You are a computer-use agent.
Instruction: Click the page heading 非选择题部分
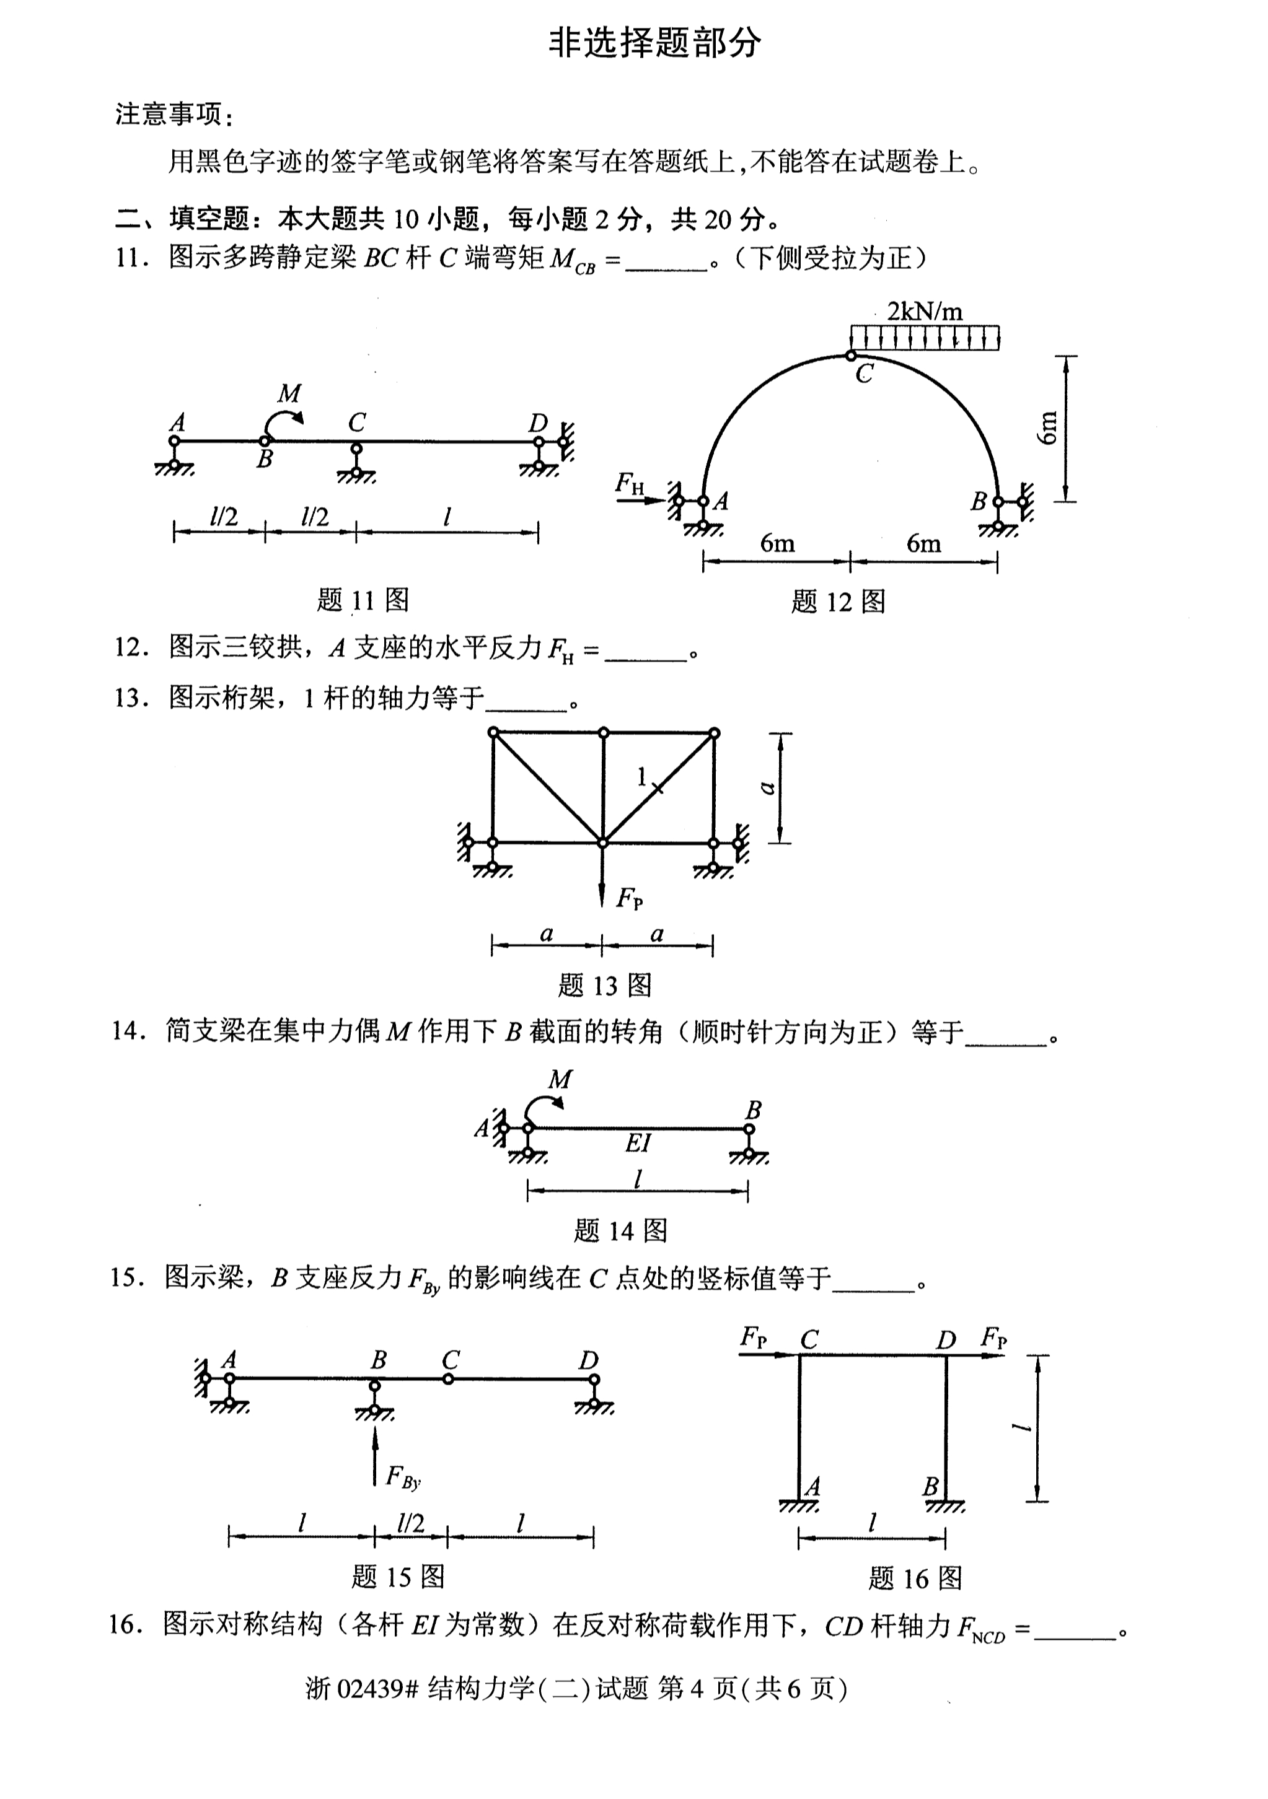click(654, 43)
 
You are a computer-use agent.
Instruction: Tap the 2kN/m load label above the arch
click(925, 311)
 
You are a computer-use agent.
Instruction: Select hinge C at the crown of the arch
click(850, 356)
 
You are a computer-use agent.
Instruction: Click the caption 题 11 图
click(363, 600)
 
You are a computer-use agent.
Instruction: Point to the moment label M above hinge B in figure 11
click(289, 393)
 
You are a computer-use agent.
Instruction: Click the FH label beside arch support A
click(629, 483)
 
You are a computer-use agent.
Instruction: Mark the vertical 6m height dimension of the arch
click(1048, 428)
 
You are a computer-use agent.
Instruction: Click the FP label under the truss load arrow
click(629, 898)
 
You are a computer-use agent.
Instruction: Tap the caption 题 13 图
click(605, 985)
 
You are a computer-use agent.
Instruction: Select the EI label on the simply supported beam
click(638, 1143)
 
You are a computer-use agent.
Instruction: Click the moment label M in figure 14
click(560, 1079)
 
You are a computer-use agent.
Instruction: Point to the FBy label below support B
click(403, 1477)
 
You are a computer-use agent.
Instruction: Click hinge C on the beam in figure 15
click(448, 1378)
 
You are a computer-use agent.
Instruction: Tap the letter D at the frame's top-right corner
click(946, 1340)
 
